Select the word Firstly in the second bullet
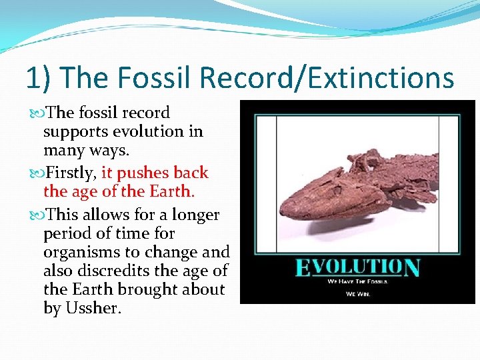[70, 173]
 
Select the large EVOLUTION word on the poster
[357, 267]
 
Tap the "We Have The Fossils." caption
[357, 281]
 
